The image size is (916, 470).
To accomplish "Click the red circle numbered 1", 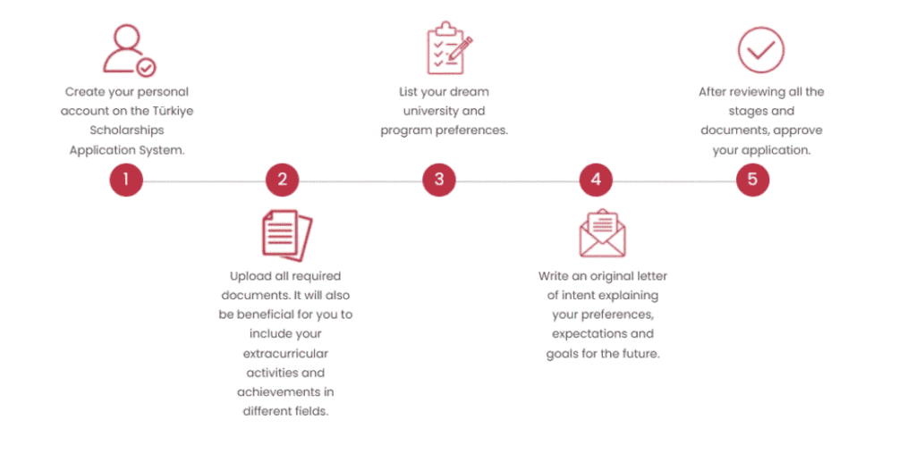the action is coord(126,180).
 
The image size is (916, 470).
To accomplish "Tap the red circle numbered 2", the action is coord(282,180).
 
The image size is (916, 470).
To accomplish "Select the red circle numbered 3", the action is coord(439,180).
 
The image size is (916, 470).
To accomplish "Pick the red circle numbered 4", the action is coord(596,180).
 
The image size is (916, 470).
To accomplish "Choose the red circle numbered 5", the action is coord(752,180).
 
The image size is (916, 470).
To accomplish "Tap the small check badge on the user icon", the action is coord(146,68).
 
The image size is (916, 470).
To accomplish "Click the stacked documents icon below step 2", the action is coord(287,235).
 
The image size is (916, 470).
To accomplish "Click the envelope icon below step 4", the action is coord(602,233).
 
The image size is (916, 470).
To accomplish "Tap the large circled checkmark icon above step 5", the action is coord(760,50).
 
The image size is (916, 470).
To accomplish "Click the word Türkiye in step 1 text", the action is coord(173,111).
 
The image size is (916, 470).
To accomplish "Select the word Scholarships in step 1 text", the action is coord(127,130).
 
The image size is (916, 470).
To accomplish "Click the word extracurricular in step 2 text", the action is coord(285,353).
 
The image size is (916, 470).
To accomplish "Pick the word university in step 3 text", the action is coord(430,111).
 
